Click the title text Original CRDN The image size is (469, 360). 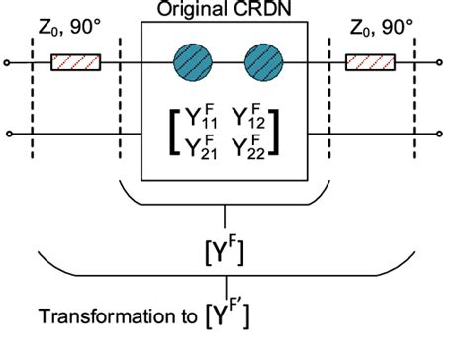click(227, 8)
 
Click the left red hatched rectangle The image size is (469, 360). click(76, 63)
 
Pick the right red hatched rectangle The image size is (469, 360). click(372, 63)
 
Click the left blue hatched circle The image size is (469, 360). click(191, 62)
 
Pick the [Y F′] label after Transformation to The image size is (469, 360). click(231, 315)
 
